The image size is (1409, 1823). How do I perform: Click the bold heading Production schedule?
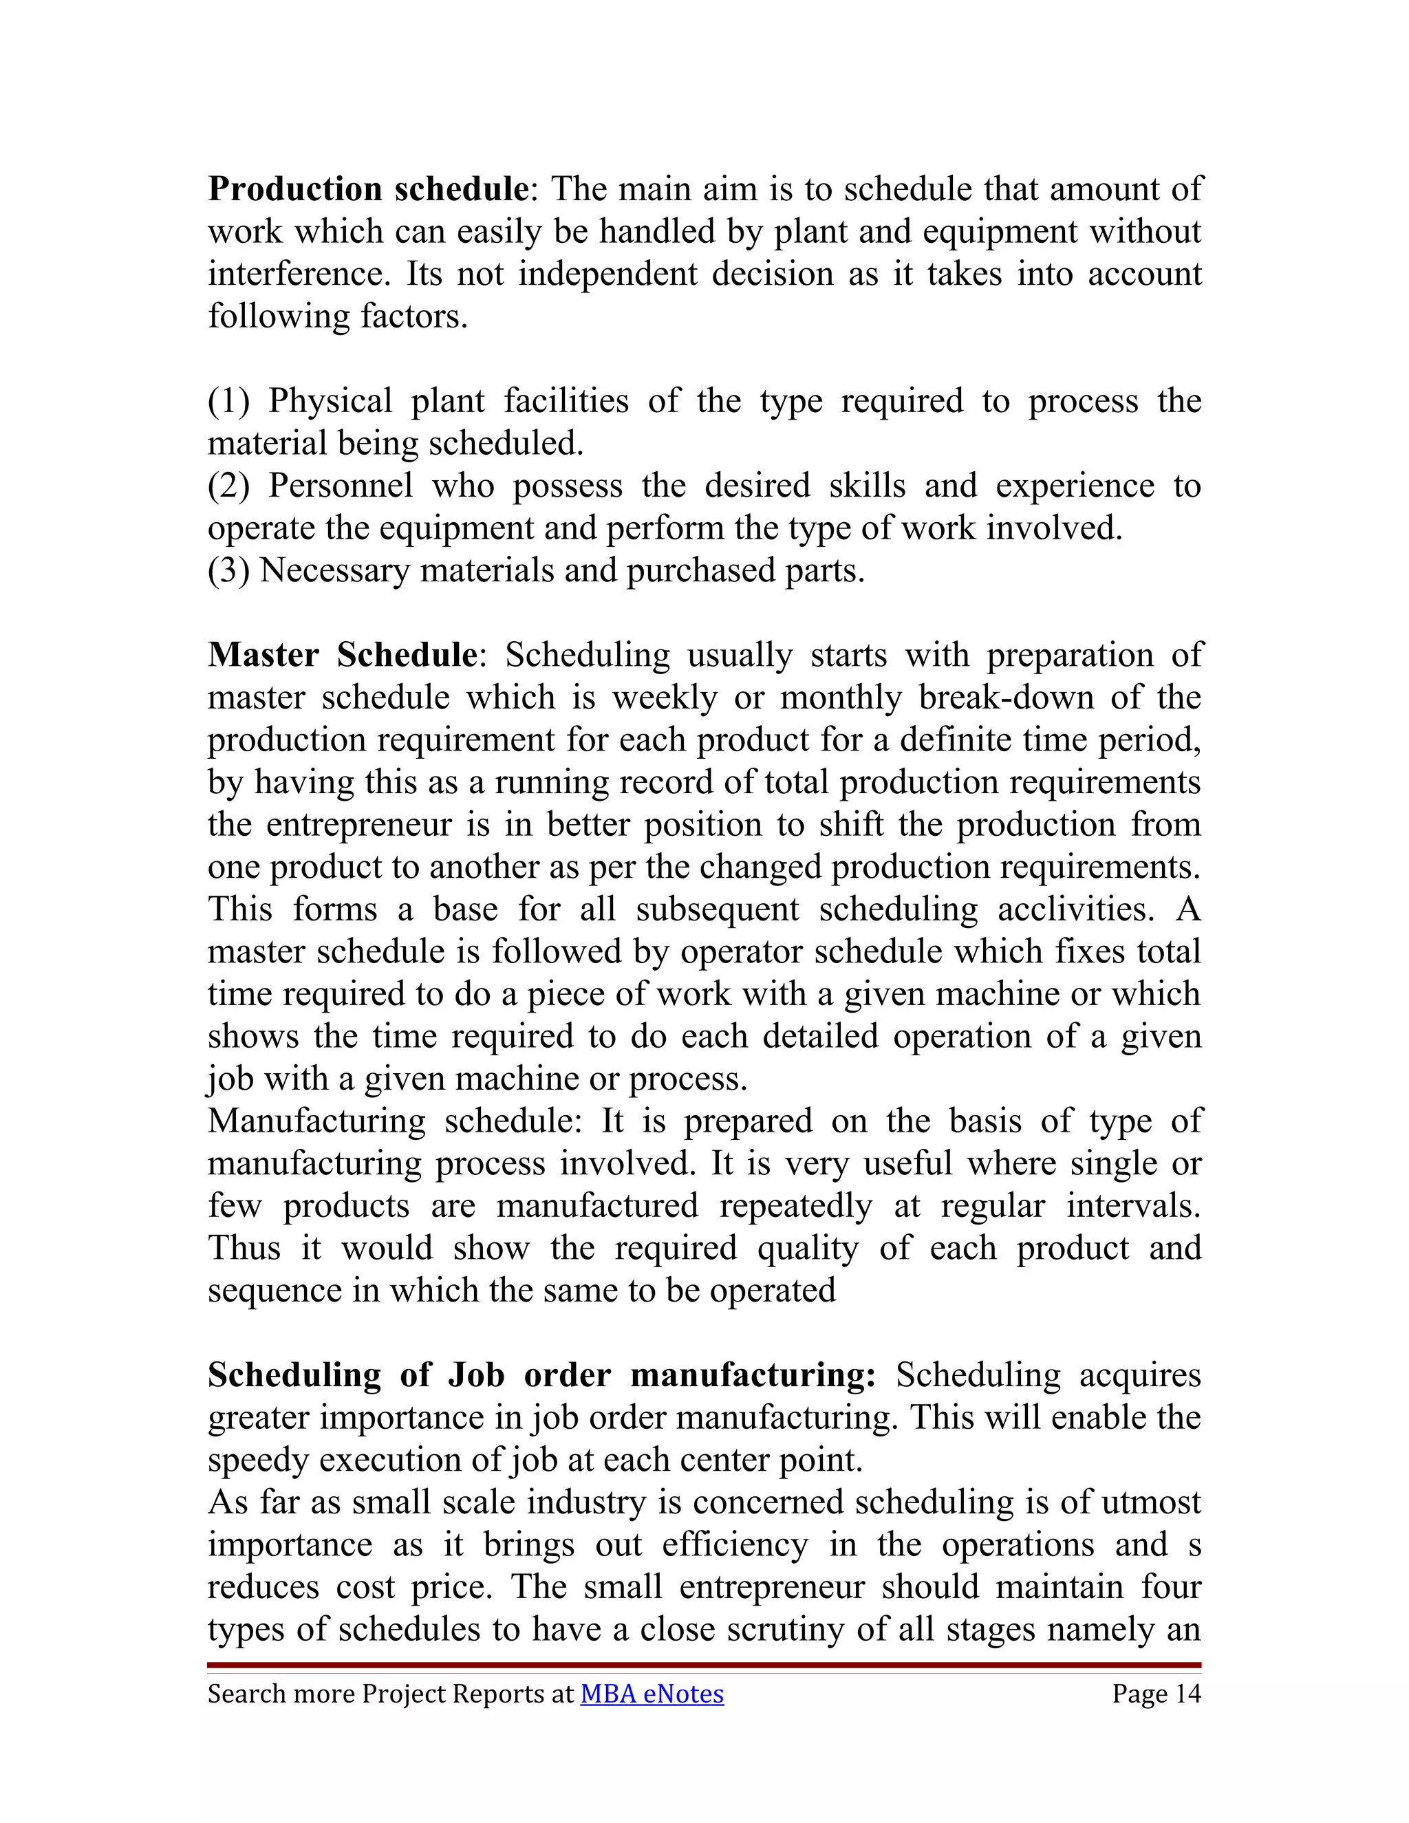tap(367, 189)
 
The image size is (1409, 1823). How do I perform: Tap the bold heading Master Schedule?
tap(342, 655)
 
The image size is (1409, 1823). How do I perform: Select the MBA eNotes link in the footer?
tap(652, 1694)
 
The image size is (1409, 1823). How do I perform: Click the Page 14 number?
tap(1156, 1694)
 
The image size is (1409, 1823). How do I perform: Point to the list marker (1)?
tap(228, 402)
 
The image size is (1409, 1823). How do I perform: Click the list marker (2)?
tap(228, 486)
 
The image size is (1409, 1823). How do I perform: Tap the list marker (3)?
tap(228, 571)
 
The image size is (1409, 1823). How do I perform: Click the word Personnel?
tap(340, 486)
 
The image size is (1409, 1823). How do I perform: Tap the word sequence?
tap(275, 1291)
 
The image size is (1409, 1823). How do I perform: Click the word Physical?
tap(330, 402)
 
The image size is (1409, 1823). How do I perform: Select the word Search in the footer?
tap(236, 1694)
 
